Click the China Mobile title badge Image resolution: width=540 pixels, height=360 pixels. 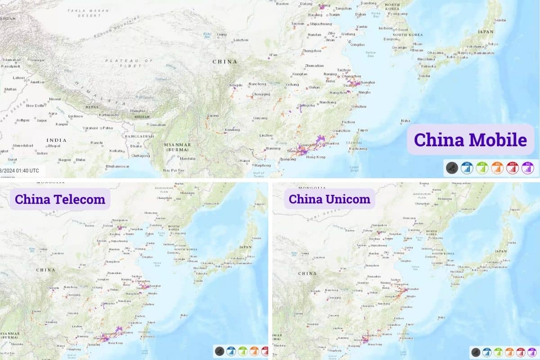pyautogui.click(x=470, y=139)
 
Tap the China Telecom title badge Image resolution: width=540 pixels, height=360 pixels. pyautogui.click(x=60, y=199)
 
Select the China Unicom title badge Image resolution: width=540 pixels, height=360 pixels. pyautogui.click(x=329, y=199)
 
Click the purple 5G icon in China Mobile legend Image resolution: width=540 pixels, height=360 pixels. pyautogui.click(x=527, y=168)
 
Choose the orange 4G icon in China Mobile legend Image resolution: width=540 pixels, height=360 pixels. pyautogui.click(x=497, y=168)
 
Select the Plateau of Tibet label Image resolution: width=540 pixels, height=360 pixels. pyautogui.click(x=122, y=63)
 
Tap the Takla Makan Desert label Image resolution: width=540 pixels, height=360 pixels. pyautogui.click(x=83, y=12)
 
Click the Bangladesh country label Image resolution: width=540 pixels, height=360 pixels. pyautogui.click(x=139, y=136)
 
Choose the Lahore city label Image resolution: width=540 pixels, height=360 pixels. pyautogui.click(x=19, y=77)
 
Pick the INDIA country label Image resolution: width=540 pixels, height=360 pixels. pyautogui.click(x=57, y=140)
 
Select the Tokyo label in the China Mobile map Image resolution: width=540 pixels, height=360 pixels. pyautogui.click(x=493, y=44)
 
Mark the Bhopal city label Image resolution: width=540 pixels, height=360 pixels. pyautogui.click(x=54, y=146)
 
